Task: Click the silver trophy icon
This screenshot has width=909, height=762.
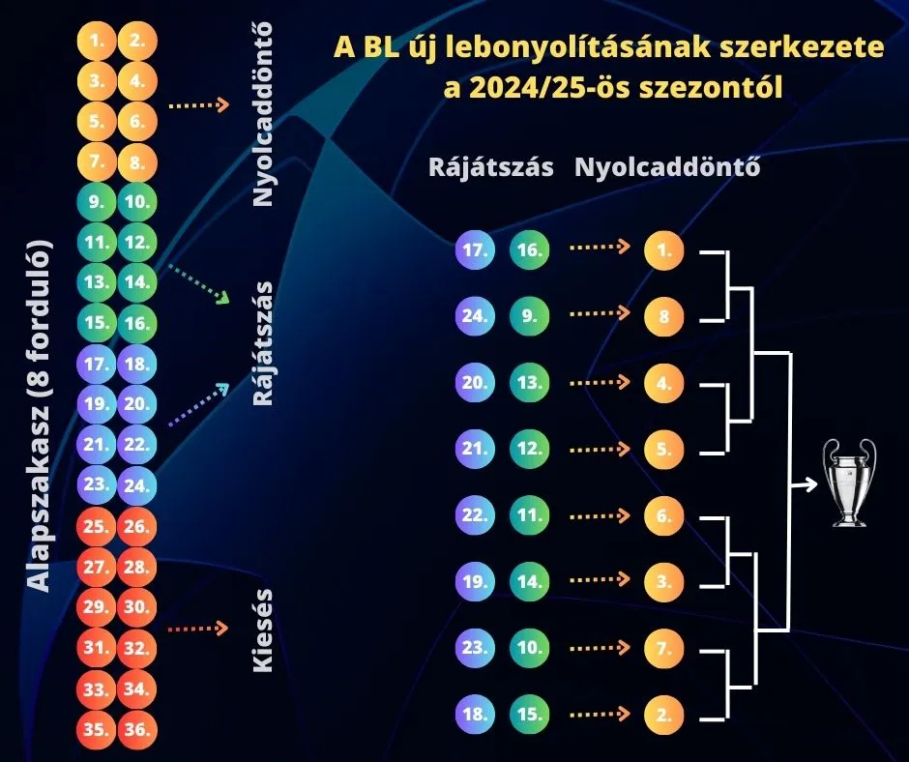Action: (x=849, y=483)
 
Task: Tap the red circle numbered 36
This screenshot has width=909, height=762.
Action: (x=137, y=730)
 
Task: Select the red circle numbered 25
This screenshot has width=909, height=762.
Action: (x=96, y=527)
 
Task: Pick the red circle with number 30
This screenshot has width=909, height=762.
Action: (x=137, y=608)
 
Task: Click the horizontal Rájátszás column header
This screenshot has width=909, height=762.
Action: (x=491, y=167)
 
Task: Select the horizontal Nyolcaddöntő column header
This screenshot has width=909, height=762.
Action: (x=667, y=167)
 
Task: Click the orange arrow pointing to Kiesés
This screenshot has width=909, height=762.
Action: (x=198, y=630)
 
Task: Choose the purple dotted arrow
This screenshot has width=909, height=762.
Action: (x=199, y=404)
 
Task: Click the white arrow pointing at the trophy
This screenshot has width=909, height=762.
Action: (x=803, y=484)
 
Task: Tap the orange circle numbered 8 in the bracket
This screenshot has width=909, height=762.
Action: (x=664, y=316)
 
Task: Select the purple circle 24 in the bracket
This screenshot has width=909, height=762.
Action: (x=474, y=316)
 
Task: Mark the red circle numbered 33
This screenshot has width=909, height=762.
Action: (x=96, y=689)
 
